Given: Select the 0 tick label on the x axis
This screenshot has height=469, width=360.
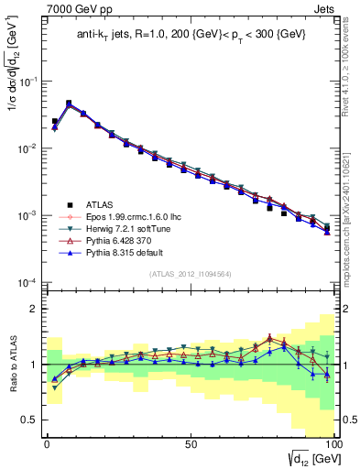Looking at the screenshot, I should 46,442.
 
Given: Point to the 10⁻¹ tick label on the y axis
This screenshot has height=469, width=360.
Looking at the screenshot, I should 28,82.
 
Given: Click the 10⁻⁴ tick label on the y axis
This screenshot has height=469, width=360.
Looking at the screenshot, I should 28,282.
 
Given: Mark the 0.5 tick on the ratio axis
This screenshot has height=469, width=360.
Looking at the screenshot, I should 30,420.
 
